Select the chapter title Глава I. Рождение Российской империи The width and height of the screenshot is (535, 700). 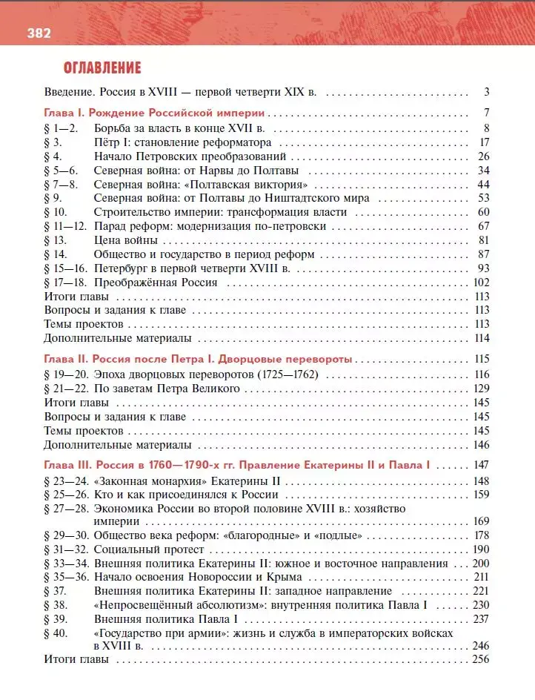pyautogui.click(x=154, y=113)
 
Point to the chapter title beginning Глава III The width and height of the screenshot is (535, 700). pyautogui.click(x=237, y=466)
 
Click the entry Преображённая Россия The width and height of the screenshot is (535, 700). pyautogui.click(x=156, y=283)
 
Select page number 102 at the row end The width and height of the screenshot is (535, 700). pyautogui.click(x=481, y=283)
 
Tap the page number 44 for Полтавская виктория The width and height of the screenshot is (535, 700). pyautogui.click(x=484, y=184)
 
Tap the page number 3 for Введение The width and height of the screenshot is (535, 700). pyautogui.click(x=487, y=93)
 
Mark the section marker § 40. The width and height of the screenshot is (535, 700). pyautogui.click(x=56, y=633)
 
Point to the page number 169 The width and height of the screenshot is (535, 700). pyautogui.click(x=481, y=521)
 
